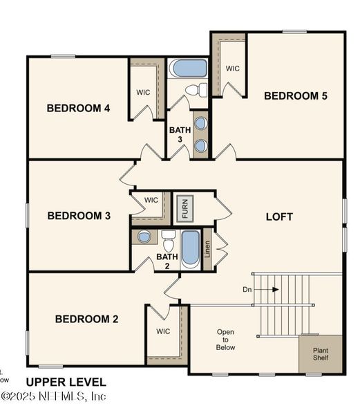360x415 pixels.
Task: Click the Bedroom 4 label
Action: (78, 108)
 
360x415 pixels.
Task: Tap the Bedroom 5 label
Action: (296, 95)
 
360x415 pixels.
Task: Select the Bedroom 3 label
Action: (79, 216)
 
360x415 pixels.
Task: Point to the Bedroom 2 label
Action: (86, 319)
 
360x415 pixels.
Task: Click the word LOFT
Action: (280, 216)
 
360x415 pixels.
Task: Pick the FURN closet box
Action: (184, 207)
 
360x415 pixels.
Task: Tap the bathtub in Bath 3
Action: (189, 68)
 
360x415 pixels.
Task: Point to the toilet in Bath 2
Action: (168, 241)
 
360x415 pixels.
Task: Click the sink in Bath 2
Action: (144, 237)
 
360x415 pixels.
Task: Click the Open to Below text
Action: (225, 340)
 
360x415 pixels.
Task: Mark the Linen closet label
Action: (207, 250)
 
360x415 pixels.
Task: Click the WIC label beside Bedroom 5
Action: (233, 68)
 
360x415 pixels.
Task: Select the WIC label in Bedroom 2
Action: (163, 331)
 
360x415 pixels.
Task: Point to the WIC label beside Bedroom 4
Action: (143, 92)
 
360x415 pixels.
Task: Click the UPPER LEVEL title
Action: (66, 382)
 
